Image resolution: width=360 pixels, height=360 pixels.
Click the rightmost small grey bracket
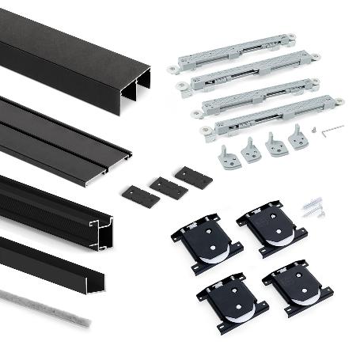[298, 137]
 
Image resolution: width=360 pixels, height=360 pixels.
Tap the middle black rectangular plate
[169, 187]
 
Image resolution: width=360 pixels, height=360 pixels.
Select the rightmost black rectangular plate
[194, 176]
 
